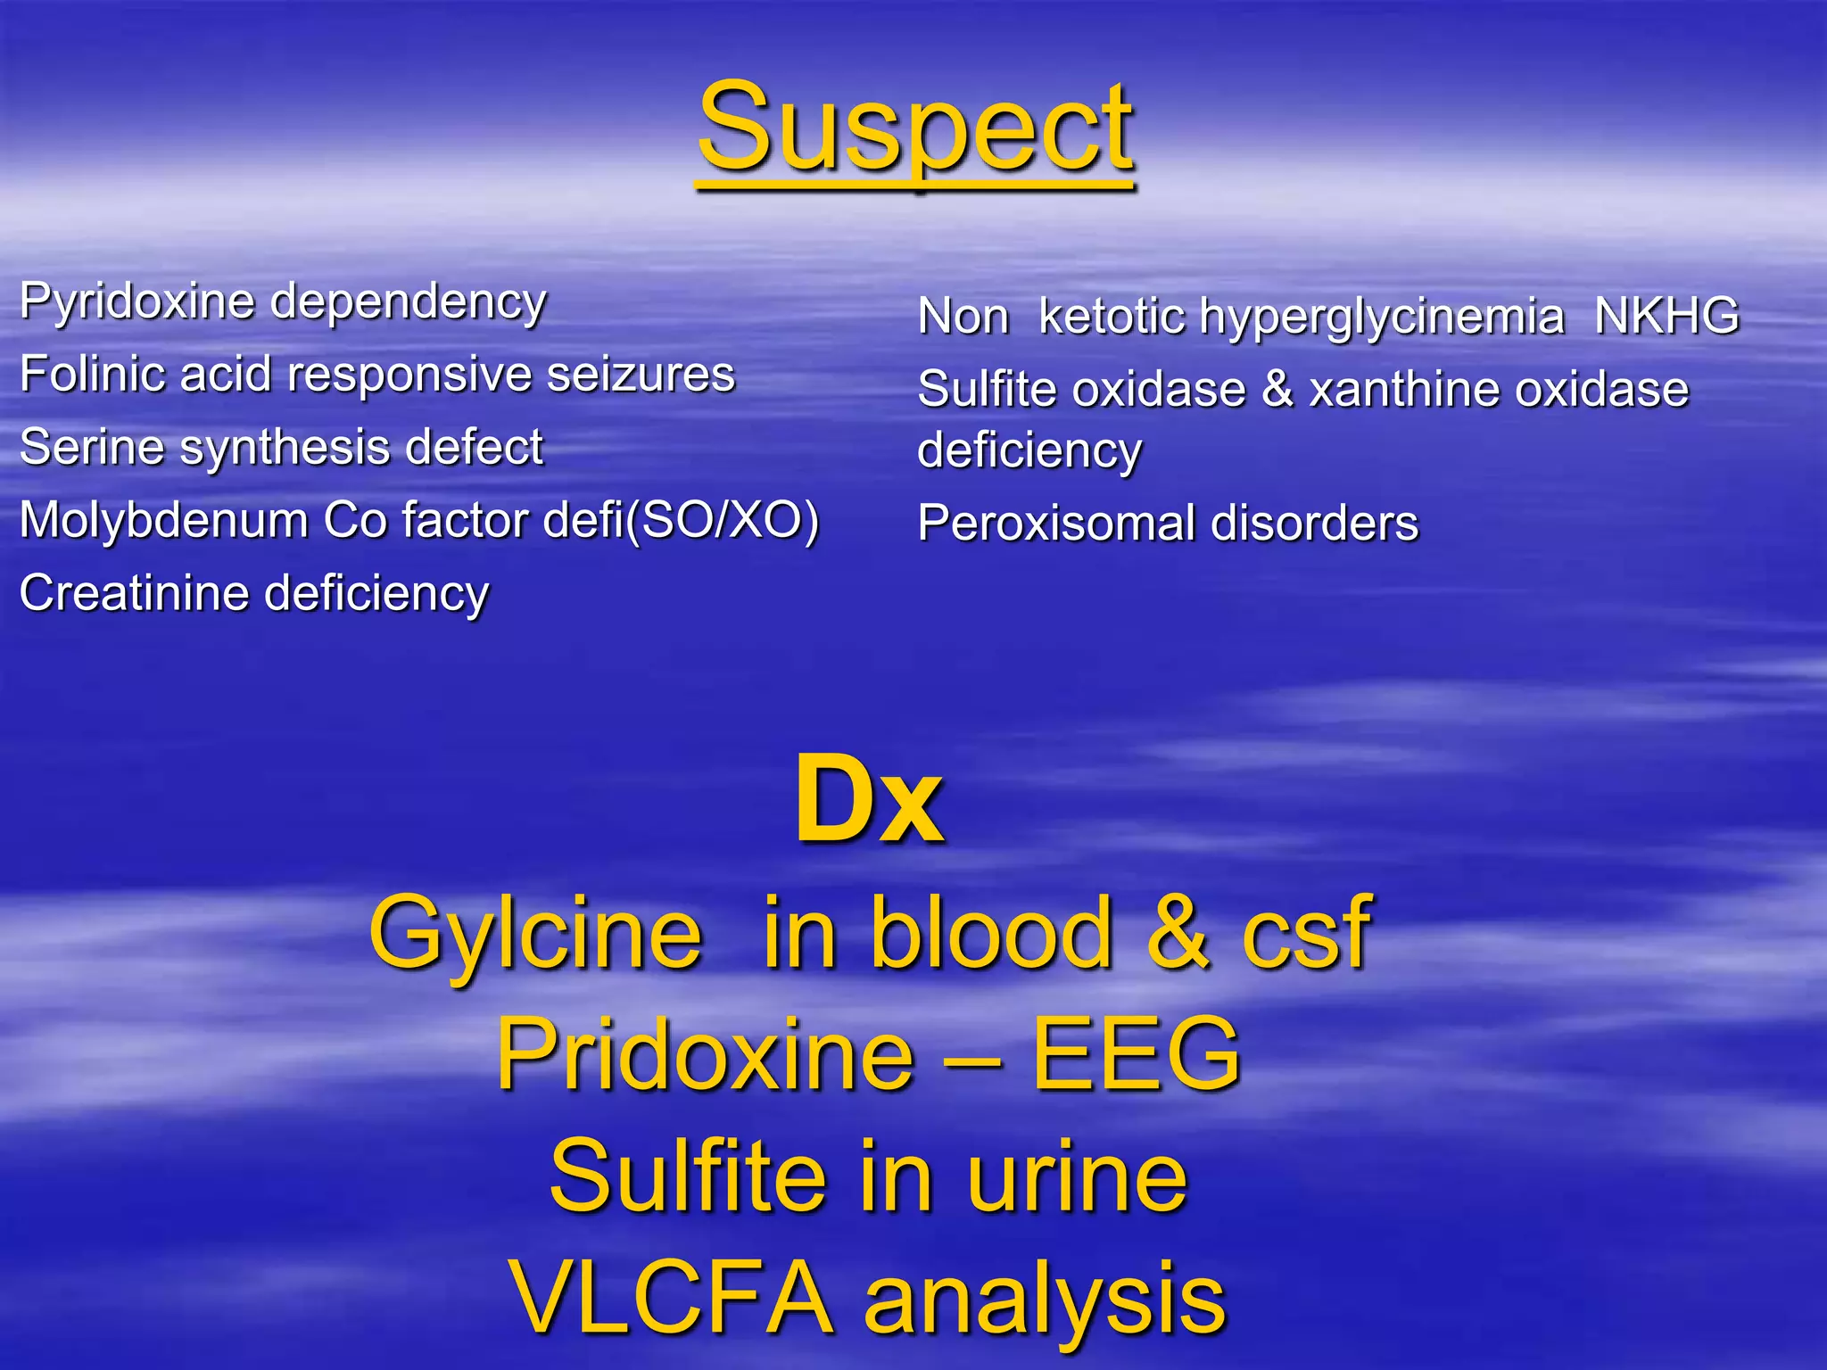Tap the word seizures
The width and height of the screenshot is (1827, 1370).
pyautogui.click(x=641, y=375)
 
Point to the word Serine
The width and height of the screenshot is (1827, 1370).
pyautogui.click(x=91, y=447)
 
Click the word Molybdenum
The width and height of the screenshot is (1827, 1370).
pyautogui.click(x=163, y=520)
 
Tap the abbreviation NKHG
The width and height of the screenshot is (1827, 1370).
pyautogui.click(x=1666, y=316)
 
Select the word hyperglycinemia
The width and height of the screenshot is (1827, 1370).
pyautogui.click(x=1381, y=318)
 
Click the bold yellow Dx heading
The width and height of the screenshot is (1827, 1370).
pyautogui.click(x=869, y=799)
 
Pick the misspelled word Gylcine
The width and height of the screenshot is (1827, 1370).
pyautogui.click(x=535, y=933)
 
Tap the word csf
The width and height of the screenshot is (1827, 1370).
pyautogui.click(x=1306, y=933)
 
